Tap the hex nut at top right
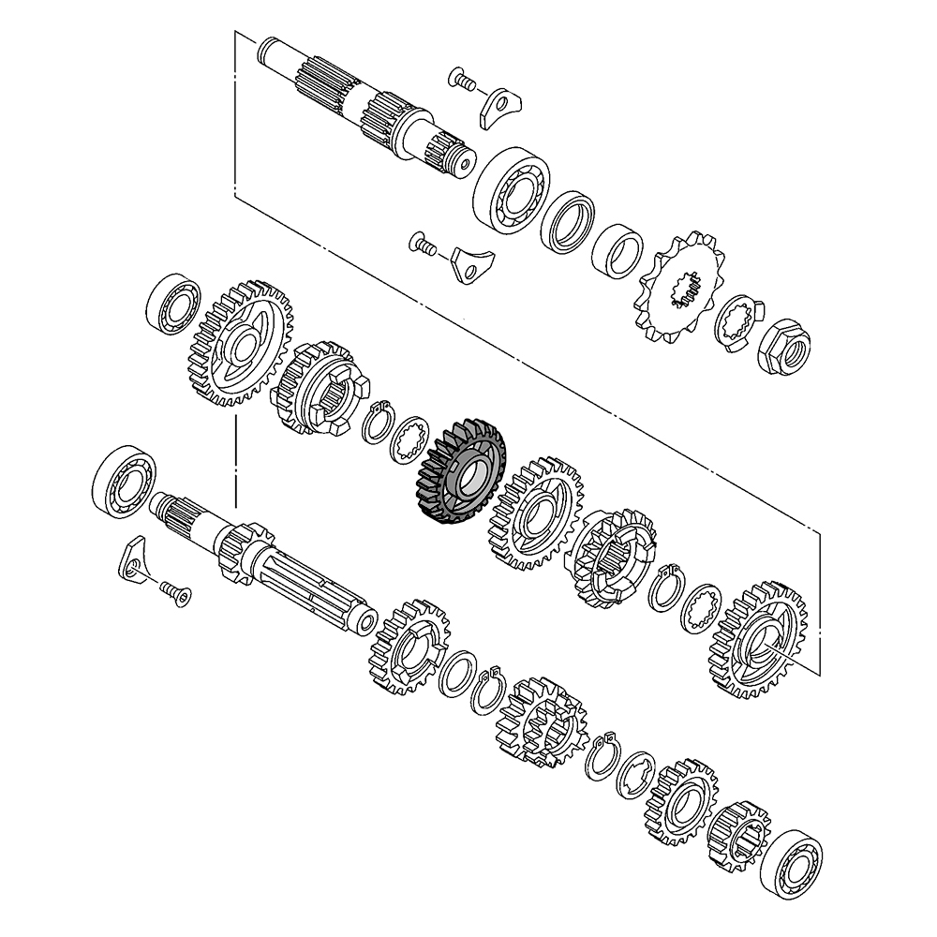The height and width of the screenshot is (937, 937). tap(785, 347)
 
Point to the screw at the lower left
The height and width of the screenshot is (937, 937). tap(173, 591)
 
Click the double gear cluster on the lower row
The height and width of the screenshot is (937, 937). tap(541, 720)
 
